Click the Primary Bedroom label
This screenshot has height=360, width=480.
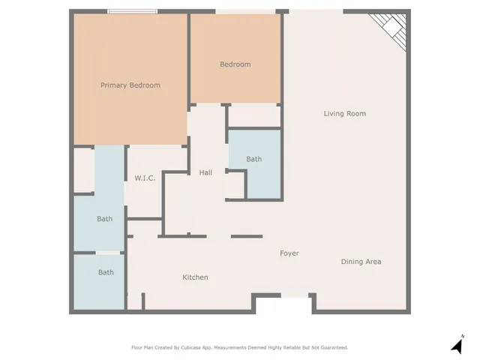(x=130, y=85)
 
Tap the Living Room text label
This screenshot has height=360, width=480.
(x=344, y=114)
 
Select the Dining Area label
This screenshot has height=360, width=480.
(x=361, y=262)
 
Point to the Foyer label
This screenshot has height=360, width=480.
(x=289, y=253)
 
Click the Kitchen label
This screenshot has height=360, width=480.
(x=195, y=277)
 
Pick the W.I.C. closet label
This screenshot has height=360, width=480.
(x=145, y=178)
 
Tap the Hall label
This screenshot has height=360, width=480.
(x=205, y=172)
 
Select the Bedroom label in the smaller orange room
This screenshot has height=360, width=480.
(x=235, y=64)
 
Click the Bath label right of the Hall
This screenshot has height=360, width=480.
(x=254, y=159)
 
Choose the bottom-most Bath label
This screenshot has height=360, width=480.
(x=106, y=272)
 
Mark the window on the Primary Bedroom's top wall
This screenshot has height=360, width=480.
(x=132, y=11)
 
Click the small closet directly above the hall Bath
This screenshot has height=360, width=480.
(x=254, y=115)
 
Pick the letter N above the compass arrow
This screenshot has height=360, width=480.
(x=463, y=336)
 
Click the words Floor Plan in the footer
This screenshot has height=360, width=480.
(x=143, y=347)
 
